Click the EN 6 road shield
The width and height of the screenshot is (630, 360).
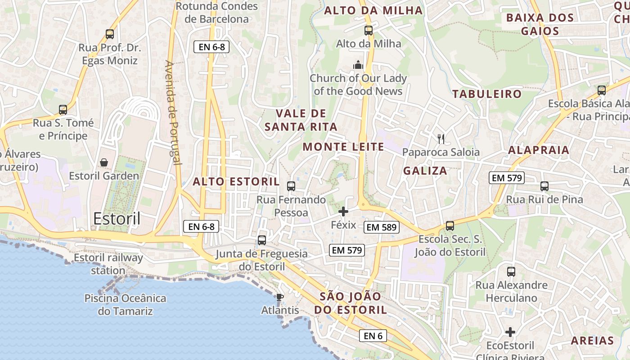point(373,335)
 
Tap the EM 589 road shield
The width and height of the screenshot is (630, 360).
point(381,227)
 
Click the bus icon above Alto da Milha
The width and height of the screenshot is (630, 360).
point(369,31)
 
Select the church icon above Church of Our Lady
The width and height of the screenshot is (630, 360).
point(358,65)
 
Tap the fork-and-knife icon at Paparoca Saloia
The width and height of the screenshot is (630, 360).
point(441,139)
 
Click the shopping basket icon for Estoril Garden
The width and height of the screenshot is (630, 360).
point(104,162)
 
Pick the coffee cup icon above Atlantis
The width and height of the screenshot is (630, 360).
point(280,297)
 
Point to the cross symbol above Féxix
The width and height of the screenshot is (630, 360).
point(343,211)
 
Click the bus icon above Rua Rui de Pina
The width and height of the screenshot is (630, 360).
point(544,186)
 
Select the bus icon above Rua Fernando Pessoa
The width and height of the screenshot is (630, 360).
point(291,186)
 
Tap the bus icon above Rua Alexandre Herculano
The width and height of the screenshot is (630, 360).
point(511,271)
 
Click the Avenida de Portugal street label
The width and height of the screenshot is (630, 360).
point(173,112)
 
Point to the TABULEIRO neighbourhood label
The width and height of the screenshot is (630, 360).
point(486,94)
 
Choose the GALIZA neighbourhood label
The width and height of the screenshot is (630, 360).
point(425,171)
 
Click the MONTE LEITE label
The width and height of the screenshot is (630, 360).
point(343,147)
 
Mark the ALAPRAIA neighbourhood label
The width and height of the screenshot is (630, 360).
point(539,150)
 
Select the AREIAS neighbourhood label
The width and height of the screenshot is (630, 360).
point(592,341)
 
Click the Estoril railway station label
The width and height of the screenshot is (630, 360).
point(108,264)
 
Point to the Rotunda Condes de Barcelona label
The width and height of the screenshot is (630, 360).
point(216,13)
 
